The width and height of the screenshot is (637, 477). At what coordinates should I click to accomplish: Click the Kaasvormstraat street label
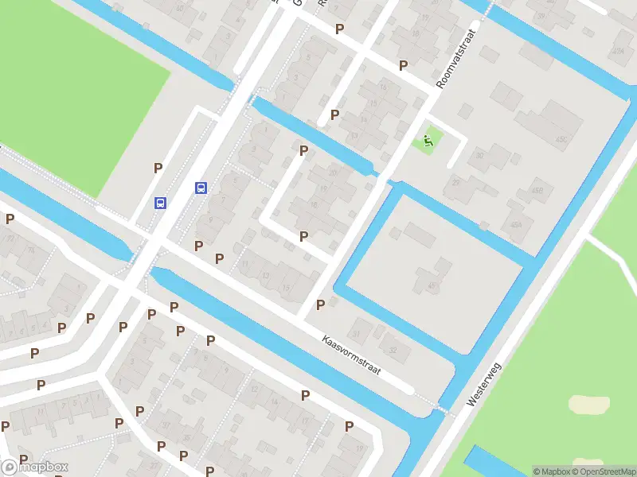click(353, 355)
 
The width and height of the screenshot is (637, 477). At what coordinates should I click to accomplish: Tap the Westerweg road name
click(485, 385)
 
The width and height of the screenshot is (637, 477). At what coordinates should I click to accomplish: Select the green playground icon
click(428, 142)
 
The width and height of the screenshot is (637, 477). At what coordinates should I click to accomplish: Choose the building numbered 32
click(392, 347)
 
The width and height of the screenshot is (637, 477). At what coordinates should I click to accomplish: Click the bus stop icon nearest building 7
click(201, 188)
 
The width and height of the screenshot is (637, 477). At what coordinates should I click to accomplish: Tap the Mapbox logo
click(36, 467)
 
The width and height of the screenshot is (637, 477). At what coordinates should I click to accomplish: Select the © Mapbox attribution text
click(550, 471)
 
